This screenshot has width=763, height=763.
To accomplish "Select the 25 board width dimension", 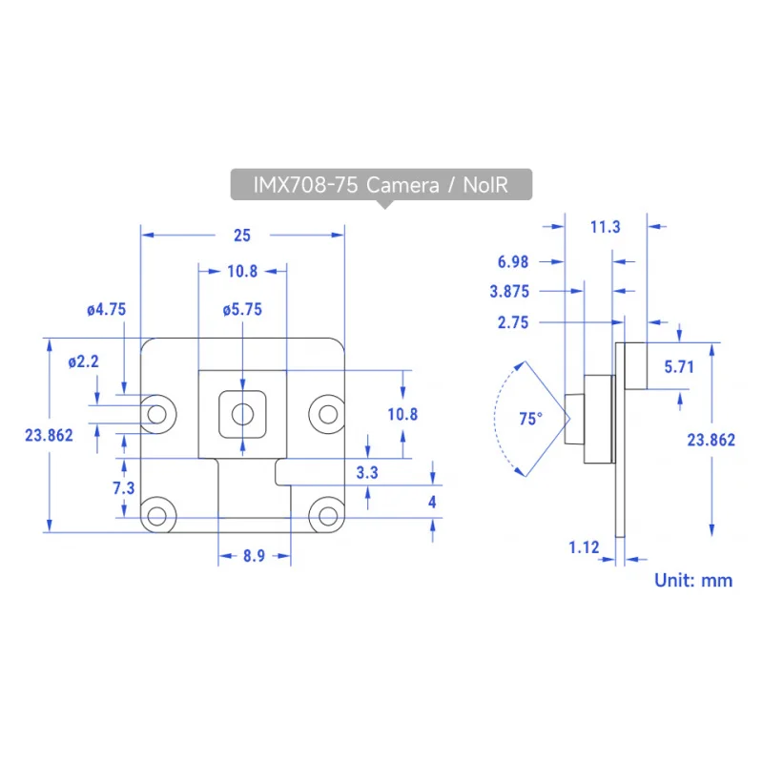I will (242, 235).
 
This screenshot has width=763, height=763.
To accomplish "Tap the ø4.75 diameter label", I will (106, 309).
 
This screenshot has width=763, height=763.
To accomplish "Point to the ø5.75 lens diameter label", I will (242, 309).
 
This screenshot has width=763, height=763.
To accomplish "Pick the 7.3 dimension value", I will (123, 488).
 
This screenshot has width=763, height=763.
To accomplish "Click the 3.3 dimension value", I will (367, 472).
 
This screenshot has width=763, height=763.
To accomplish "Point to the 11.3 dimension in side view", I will (606, 227).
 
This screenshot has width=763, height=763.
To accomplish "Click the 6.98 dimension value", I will (513, 261).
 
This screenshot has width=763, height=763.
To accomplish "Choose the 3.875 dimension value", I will (509, 291).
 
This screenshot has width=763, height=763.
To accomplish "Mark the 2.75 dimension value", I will (513, 323).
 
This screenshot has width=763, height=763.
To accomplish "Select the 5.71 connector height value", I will (678, 366).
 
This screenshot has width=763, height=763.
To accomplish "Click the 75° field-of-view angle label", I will (530, 418).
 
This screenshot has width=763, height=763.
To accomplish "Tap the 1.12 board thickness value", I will (584, 547).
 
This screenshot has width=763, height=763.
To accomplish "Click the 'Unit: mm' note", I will (693, 580).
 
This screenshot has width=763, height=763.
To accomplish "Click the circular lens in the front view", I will (242, 413).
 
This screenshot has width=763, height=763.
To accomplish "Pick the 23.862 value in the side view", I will (711, 440).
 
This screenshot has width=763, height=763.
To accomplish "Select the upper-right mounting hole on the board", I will (326, 413).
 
